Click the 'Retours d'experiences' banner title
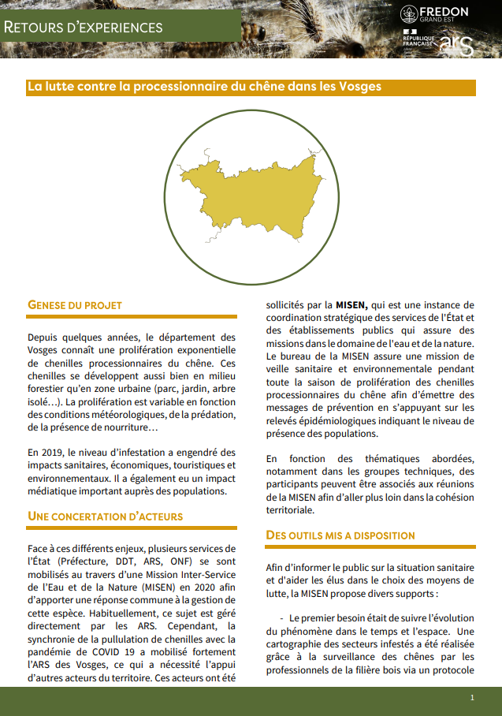(84, 27)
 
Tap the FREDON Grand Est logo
(434, 14)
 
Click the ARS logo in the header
(457, 45)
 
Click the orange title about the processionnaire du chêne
(204, 87)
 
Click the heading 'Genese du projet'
(75, 304)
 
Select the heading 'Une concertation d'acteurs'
(105, 516)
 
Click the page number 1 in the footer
(472, 698)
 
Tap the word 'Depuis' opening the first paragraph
(43, 337)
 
